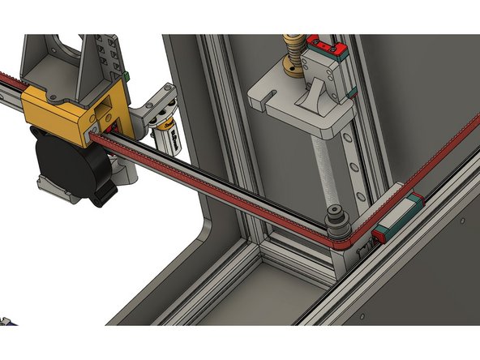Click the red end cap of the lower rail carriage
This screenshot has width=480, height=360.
pyautogui.click(x=378, y=236)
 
